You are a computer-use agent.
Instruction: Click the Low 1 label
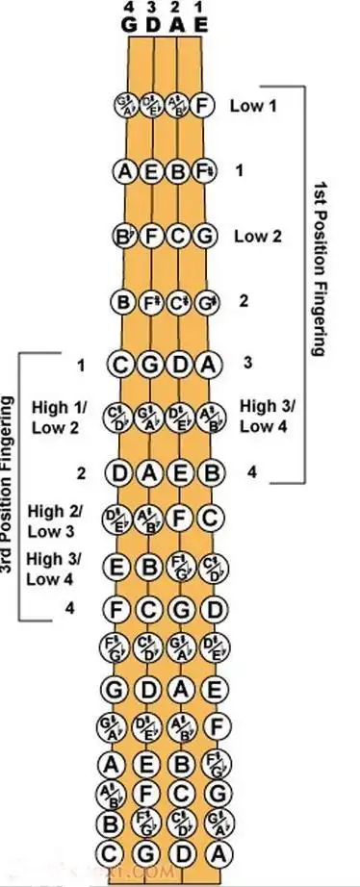pyautogui.click(x=253, y=105)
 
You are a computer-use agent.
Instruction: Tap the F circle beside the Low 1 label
pyautogui.click(x=202, y=105)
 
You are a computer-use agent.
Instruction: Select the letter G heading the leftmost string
pyautogui.click(x=129, y=25)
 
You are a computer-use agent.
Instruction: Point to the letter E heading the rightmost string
pyautogui.click(x=200, y=25)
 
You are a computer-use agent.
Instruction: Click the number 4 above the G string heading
pyautogui.click(x=129, y=9)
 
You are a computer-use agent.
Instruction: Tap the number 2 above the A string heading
pyautogui.click(x=177, y=9)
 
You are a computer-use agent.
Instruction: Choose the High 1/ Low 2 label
pyautogui.click(x=59, y=418)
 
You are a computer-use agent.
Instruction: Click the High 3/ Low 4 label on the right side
pyautogui.click(x=269, y=415)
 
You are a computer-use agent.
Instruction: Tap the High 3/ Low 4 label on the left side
pyautogui.click(x=54, y=569)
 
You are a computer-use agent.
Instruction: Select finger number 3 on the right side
pyautogui.click(x=248, y=363)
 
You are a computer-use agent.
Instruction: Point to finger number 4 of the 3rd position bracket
pyautogui.click(x=68, y=607)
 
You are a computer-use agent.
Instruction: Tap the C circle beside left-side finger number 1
pyautogui.click(x=122, y=366)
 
